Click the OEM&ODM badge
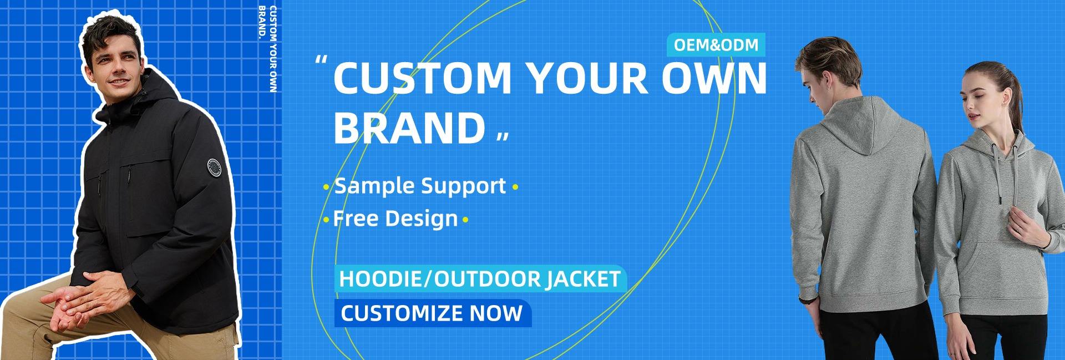click(x=715, y=45)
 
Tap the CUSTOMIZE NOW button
click(x=433, y=313)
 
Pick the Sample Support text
click(x=420, y=186)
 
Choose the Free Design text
click(x=395, y=218)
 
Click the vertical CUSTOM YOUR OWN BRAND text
click(x=268, y=50)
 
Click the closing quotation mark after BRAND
click(x=502, y=136)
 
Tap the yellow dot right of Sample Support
click(x=515, y=188)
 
